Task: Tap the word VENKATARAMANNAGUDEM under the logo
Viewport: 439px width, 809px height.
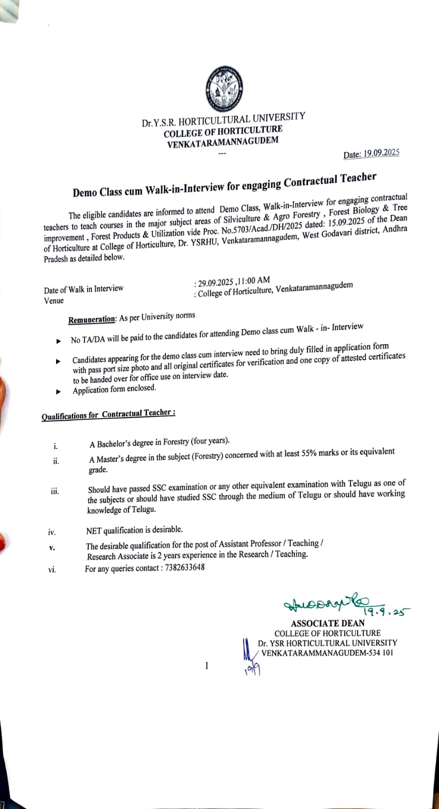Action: (x=223, y=142)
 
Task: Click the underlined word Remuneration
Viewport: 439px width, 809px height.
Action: (x=92, y=319)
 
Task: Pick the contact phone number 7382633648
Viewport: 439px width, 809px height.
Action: (x=185, y=567)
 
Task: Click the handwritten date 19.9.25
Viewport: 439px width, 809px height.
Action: (x=387, y=612)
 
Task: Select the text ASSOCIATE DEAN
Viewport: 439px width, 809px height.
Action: (x=327, y=623)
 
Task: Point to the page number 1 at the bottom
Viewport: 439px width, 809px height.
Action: (x=206, y=665)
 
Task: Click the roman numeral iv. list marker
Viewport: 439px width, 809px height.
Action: (x=52, y=532)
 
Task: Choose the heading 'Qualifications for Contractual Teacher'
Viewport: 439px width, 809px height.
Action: (x=108, y=415)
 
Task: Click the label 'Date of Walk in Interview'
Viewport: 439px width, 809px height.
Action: (x=83, y=289)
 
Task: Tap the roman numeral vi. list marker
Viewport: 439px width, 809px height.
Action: (x=52, y=570)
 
